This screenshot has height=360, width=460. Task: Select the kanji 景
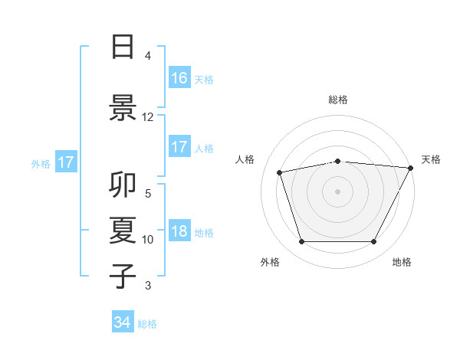point(123,107)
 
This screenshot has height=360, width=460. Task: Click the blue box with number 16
point(179,78)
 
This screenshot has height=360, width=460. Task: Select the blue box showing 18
point(179,232)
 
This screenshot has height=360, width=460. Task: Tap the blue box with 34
point(123,323)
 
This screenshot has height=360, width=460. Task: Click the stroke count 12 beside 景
point(148,117)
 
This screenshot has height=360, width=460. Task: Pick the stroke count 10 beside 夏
point(148,240)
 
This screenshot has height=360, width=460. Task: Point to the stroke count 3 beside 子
point(148,286)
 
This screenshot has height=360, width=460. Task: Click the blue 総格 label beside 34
point(147,324)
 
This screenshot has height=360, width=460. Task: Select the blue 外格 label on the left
point(41,163)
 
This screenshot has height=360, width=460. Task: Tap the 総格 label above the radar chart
point(338,100)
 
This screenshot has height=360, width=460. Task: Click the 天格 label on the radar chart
point(431,159)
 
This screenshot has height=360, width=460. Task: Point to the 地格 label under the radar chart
point(402,262)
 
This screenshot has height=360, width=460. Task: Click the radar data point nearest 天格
point(411,168)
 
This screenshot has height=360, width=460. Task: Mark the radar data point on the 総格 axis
point(338,161)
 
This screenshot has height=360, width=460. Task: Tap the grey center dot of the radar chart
point(338,191)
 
